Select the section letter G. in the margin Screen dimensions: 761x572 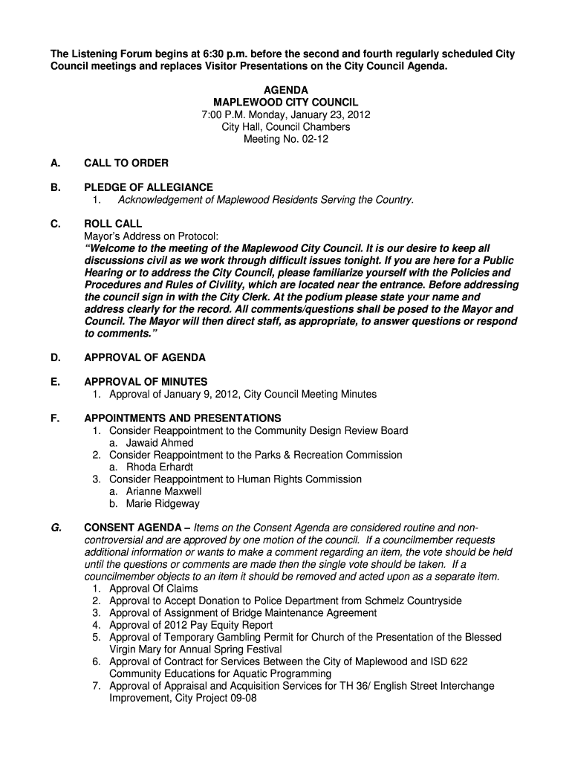click(x=56, y=528)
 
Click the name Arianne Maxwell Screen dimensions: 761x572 click(x=163, y=491)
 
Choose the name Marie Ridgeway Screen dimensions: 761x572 click(x=163, y=504)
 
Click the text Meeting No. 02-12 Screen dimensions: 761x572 click(x=286, y=139)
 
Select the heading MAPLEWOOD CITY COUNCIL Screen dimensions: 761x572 click(x=286, y=102)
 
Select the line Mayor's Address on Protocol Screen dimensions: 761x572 click(x=152, y=236)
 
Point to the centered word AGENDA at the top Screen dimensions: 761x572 click(x=286, y=90)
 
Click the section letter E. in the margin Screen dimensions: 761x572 click(x=55, y=382)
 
